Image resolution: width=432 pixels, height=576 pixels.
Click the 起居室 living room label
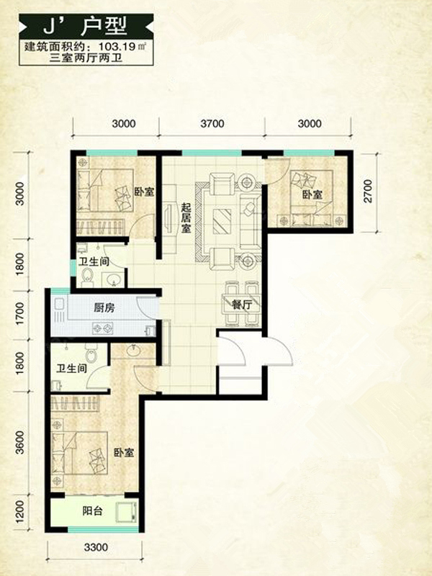[186, 217]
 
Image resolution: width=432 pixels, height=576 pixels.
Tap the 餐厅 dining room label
[242, 305]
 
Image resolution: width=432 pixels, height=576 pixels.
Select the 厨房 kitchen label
[104, 307]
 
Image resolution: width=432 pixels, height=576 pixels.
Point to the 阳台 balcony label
[92, 510]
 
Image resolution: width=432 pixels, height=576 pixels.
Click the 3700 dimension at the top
[212, 123]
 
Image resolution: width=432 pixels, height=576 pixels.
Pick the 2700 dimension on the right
[368, 191]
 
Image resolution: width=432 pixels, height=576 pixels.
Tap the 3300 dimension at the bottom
[96, 547]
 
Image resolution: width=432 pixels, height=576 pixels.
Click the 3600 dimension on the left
[21, 442]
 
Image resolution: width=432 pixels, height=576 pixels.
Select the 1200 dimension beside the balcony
[21, 512]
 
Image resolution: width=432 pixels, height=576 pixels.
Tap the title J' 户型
[85, 26]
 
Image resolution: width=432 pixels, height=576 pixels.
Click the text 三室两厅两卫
[86, 58]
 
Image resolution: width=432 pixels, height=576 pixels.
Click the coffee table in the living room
[222, 221]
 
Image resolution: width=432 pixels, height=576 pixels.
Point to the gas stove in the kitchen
[102, 328]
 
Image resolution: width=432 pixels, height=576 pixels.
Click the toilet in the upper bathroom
[87, 276]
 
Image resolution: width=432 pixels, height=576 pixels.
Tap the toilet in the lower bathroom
[91, 353]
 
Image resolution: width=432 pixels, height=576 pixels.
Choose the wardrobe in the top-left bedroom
[99, 227]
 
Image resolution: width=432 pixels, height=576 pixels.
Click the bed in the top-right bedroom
[312, 199]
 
